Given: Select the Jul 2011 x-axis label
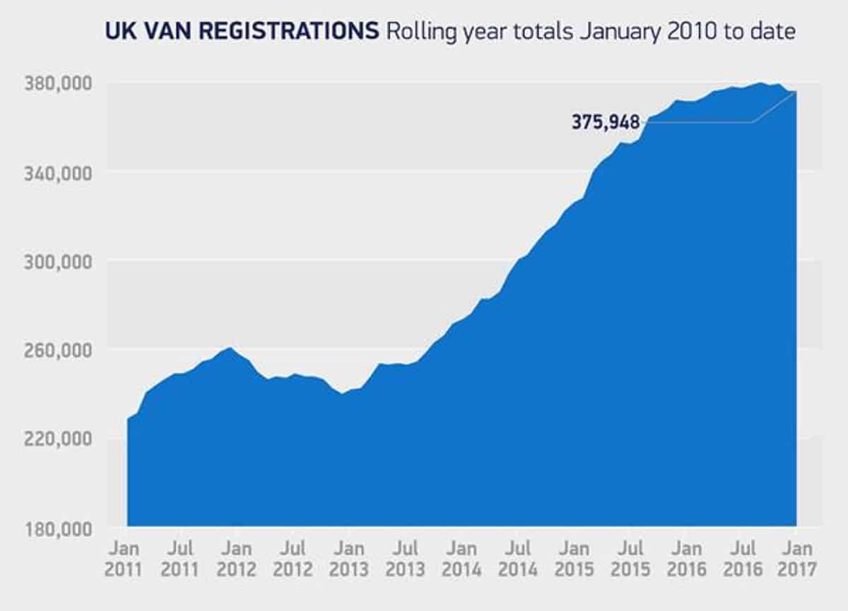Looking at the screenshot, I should [182, 559].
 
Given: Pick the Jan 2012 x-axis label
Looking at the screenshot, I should [237, 559].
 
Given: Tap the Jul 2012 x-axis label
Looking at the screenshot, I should [293, 559].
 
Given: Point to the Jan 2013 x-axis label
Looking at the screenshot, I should [348, 559].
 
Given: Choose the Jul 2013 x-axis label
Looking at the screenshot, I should [405, 559].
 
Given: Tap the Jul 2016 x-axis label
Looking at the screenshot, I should [743, 559].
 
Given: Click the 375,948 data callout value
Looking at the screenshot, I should [605, 122].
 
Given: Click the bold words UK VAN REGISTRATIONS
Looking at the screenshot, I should [240, 32].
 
